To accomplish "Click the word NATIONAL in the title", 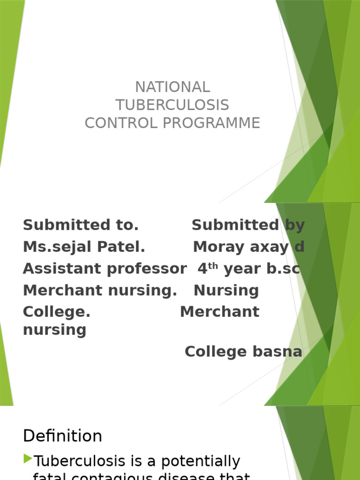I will click(172, 87).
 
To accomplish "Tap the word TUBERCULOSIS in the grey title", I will click(172, 105).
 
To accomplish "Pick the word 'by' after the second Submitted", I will click(295, 225).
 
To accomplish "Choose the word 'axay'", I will click(267, 247).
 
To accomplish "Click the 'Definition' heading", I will click(62, 436).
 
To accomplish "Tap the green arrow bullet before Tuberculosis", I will click(28, 459).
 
